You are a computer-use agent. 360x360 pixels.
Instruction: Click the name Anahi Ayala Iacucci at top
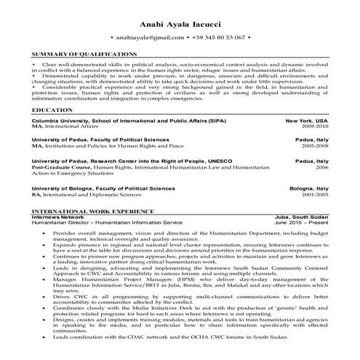pyautogui.click(x=180, y=20)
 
